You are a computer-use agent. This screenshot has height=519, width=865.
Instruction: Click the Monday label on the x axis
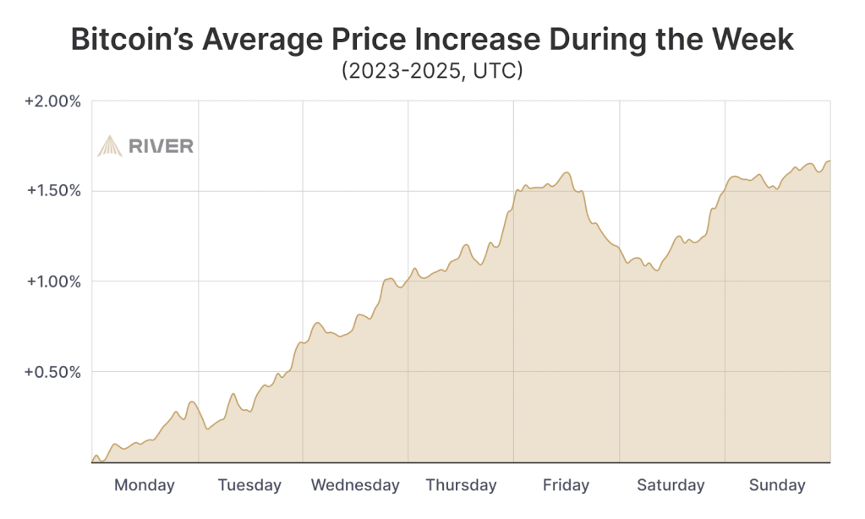[144, 485]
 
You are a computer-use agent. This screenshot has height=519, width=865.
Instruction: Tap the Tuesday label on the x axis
[249, 485]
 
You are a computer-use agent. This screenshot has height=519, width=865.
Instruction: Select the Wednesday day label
[355, 485]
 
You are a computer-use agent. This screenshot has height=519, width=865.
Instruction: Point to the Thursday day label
[461, 485]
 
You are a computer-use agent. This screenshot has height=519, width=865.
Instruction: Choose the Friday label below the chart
[566, 485]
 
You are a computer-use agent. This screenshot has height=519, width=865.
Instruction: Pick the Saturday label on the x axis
[671, 485]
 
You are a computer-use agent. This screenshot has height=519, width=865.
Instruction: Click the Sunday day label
[777, 485]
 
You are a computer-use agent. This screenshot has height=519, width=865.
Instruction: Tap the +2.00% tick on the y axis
[52, 101]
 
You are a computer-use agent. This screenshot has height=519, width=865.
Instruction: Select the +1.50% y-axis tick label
[52, 191]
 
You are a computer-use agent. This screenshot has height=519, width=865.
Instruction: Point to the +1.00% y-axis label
[52, 281]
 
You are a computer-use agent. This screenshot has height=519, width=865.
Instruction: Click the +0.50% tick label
[52, 372]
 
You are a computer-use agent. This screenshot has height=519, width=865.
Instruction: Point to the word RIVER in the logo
[161, 146]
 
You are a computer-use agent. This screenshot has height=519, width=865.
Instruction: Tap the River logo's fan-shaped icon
[110, 146]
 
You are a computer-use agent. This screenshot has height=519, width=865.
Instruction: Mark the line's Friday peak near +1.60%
[567, 172]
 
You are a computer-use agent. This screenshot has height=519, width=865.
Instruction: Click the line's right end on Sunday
[829, 161]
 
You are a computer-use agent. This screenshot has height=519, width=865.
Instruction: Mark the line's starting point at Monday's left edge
[92, 461]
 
